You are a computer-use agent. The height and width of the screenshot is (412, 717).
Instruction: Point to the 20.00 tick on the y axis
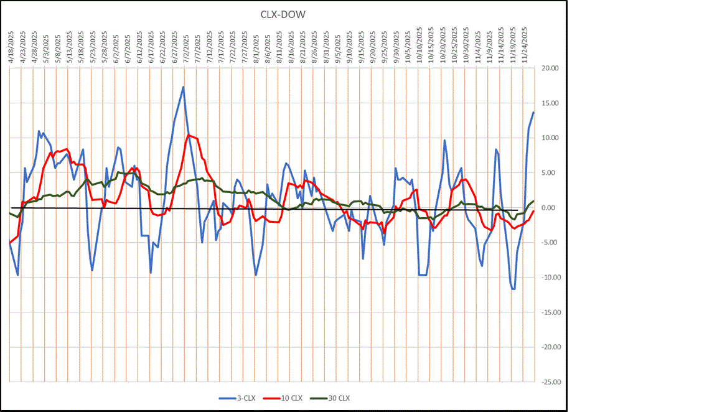pyautogui.click(x=550, y=68)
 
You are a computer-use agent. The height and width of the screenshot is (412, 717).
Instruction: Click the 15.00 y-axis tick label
pyautogui.click(x=550, y=103)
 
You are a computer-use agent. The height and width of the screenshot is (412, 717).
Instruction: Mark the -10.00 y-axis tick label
pyautogui.click(x=550, y=278)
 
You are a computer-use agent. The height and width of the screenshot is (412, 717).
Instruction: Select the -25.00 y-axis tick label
pyautogui.click(x=550, y=382)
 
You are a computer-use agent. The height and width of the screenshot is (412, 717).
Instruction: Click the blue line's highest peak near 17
pyautogui.click(x=183, y=87)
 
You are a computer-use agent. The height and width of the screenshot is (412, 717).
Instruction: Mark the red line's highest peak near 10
pyautogui.click(x=189, y=134)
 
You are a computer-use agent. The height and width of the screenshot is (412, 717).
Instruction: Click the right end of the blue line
pyautogui.click(x=533, y=112)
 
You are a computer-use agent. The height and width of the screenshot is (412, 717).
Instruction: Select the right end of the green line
pyautogui.click(x=534, y=201)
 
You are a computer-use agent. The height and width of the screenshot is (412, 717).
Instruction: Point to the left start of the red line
pyautogui.click(x=11, y=242)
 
